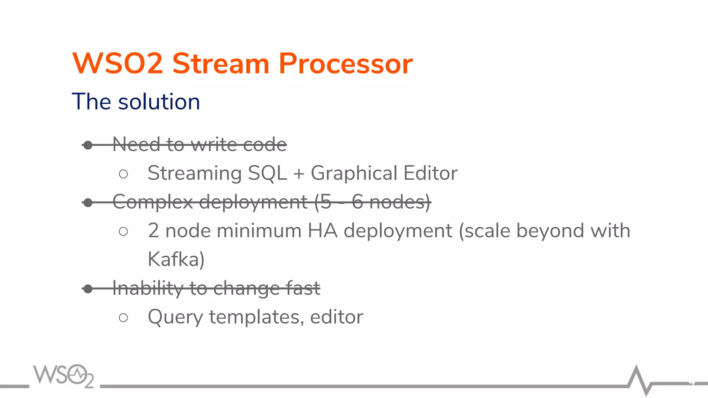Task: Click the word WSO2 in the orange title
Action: [118, 64]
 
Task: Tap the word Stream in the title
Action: [221, 64]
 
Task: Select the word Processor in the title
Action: [345, 64]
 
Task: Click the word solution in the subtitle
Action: [159, 102]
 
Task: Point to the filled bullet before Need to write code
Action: [88, 145]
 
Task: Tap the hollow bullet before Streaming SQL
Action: [123, 174]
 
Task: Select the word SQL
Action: [268, 173]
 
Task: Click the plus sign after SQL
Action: [299, 174]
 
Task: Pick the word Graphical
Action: [354, 173]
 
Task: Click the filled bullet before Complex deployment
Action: [88, 202]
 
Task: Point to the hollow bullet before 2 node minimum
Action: [123, 231]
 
